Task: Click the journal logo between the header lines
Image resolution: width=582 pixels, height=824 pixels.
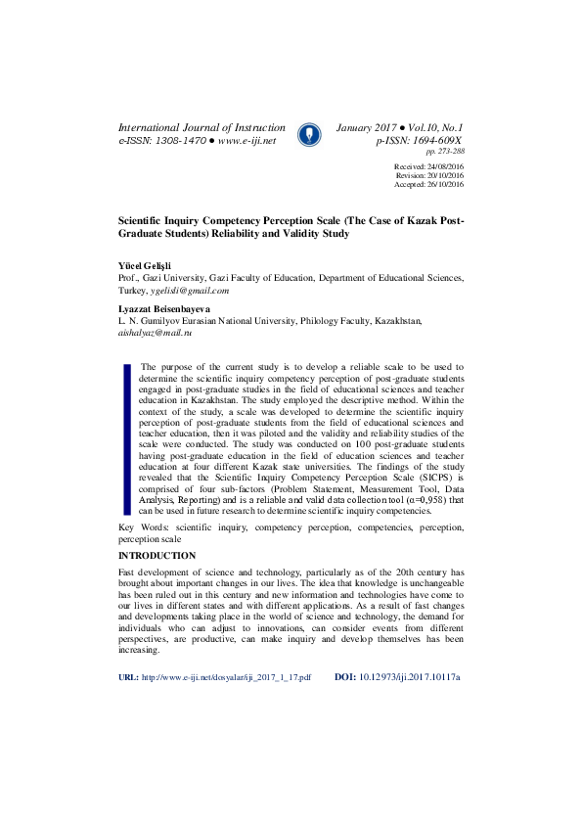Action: pos(310,134)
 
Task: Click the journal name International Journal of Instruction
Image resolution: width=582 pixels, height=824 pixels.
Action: pos(201,128)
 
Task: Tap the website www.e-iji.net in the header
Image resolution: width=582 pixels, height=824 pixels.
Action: pos(247,142)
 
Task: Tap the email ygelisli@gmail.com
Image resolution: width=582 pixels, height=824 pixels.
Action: pos(190,291)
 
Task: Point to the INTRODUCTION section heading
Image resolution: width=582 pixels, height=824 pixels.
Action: pos(157,556)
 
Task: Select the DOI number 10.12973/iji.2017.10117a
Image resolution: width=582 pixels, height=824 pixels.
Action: pos(410,705)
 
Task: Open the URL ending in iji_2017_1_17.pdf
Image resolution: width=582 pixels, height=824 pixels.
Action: pos(226,705)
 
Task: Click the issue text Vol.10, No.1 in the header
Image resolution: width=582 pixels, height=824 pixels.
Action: pos(429,128)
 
